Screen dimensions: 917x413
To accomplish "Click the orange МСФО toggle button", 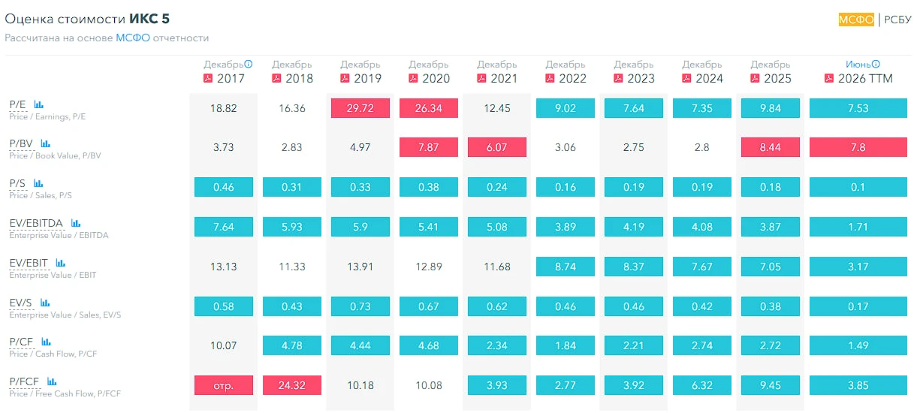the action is point(856,20).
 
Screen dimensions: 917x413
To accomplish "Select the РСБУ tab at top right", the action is point(897,20).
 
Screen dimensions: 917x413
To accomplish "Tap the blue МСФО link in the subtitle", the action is point(133,38).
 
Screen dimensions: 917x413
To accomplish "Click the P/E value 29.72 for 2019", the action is point(360,108).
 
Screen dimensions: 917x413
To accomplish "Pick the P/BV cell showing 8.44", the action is point(770,147).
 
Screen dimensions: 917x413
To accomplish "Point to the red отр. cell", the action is point(224,385).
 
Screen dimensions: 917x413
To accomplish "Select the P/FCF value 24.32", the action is point(292,385).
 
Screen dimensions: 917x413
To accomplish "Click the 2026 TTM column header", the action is point(865,78).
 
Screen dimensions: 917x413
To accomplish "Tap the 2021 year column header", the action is point(504,78).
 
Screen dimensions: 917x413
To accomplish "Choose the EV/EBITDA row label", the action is point(36,223).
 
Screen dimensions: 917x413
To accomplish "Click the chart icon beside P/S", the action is point(38,183).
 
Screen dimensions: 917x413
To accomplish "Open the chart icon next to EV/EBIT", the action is point(61,263).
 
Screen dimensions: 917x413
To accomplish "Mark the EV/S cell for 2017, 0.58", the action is point(224,306).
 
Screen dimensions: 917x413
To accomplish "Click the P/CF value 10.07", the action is point(224,345).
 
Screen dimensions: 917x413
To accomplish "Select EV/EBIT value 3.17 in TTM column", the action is point(858,267).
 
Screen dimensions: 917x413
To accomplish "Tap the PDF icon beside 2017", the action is point(208,78).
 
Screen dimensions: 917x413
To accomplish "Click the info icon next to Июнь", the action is point(876,64).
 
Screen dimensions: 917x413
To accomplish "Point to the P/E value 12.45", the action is point(497,108).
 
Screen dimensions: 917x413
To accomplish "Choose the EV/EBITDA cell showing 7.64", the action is point(224,227).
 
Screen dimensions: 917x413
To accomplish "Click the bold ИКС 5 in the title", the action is point(149,19).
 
